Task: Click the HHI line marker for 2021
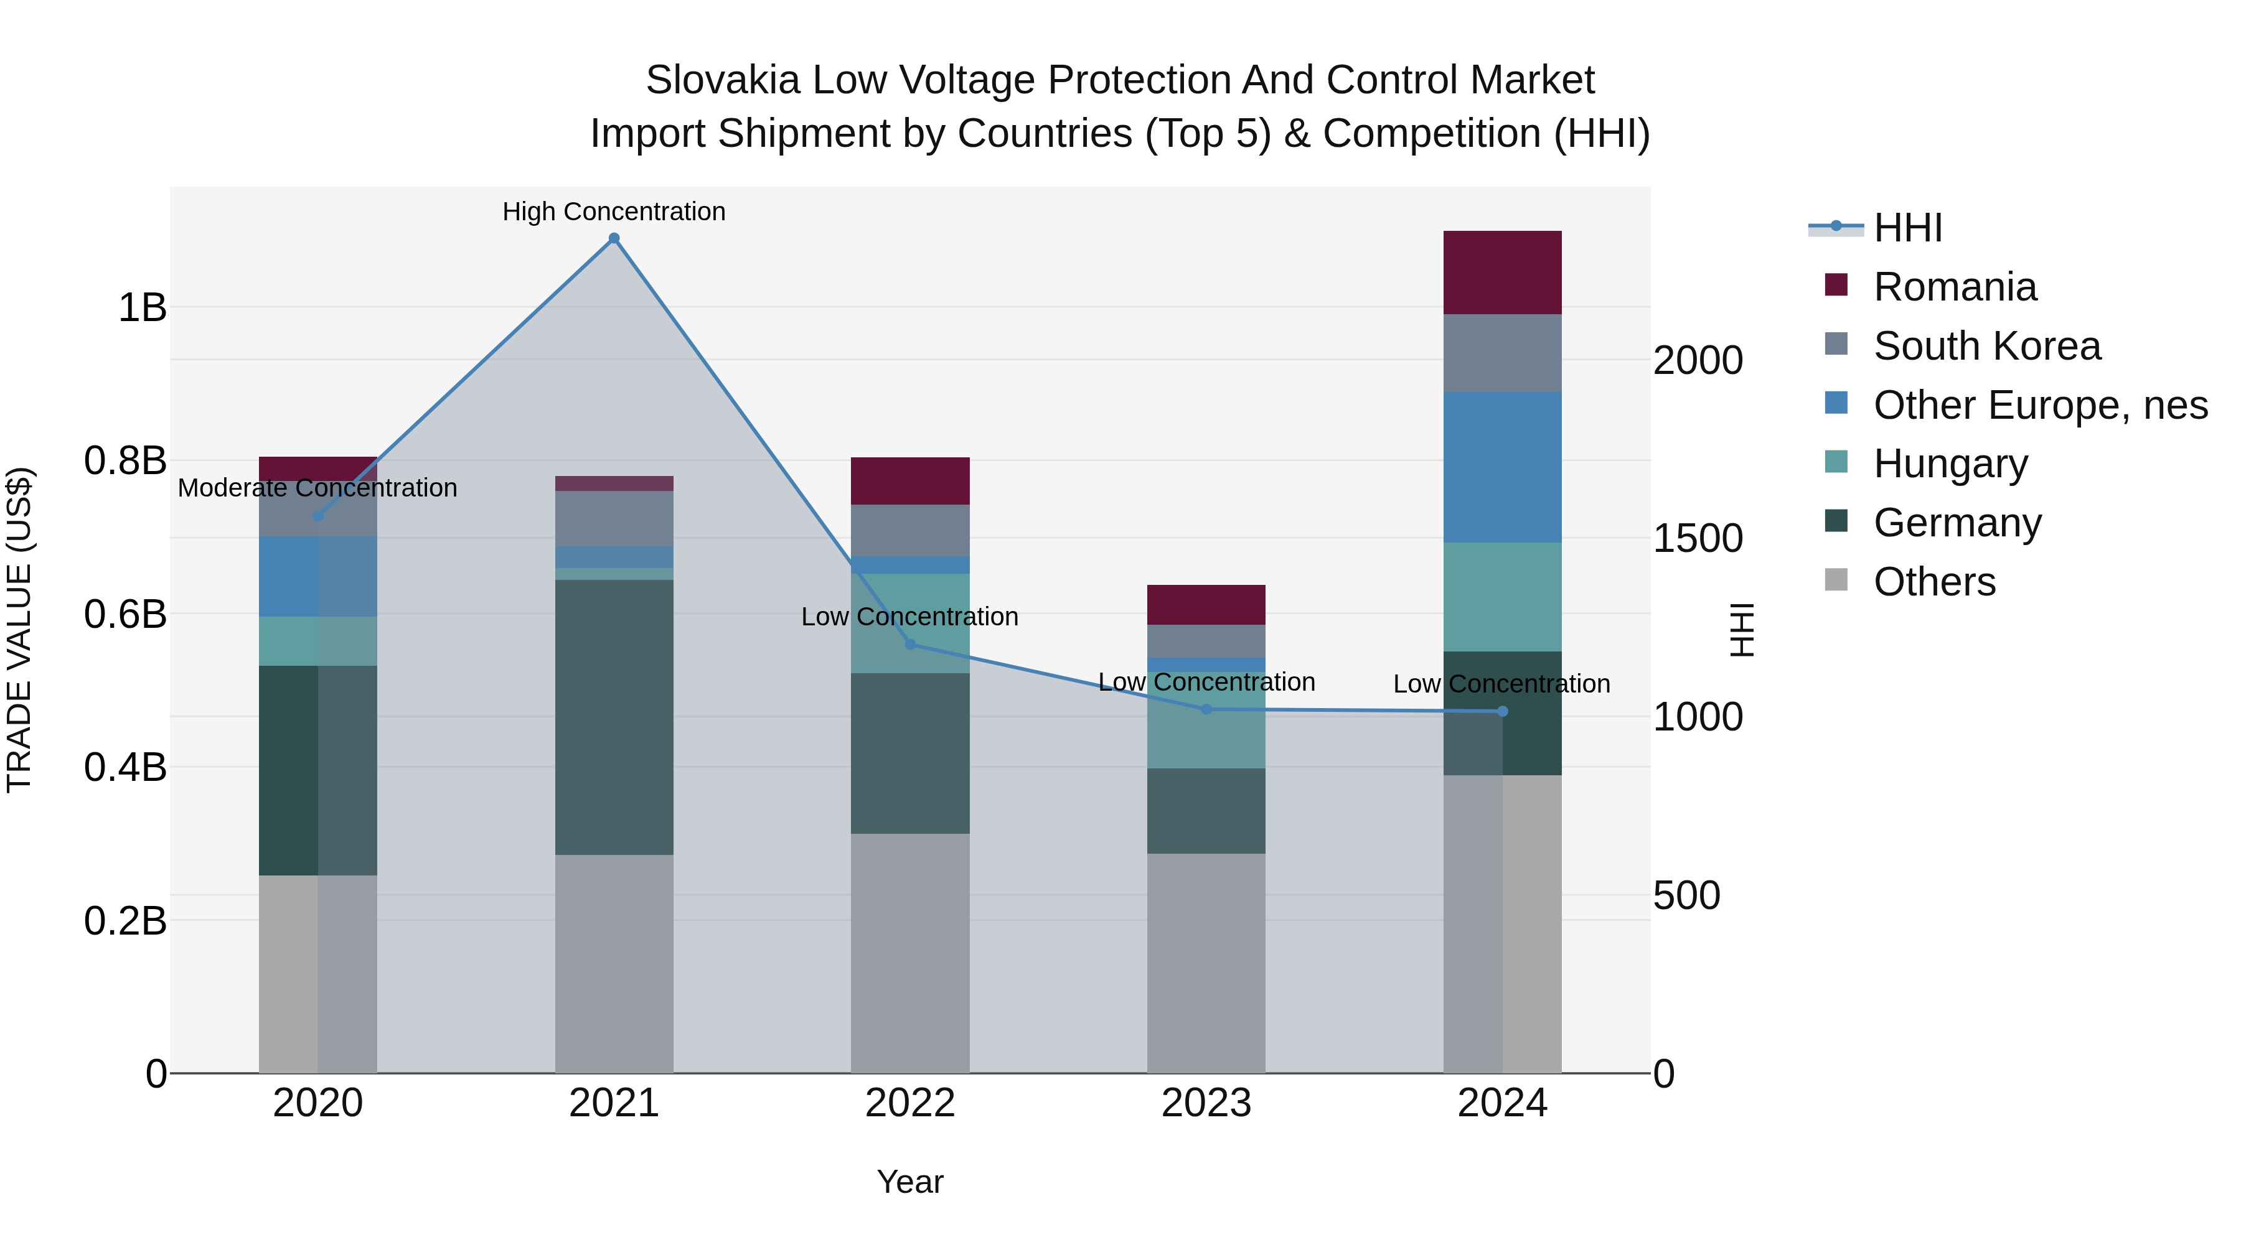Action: pos(614,238)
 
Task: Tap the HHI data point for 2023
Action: pos(1206,709)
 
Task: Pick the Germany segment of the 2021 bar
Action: pos(614,717)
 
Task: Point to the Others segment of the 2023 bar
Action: pos(1206,963)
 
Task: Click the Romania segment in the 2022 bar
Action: pos(910,481)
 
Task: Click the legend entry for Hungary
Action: pos(1950,464)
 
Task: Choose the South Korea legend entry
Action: pos(1986,346)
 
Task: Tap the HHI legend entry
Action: pos(1907,228)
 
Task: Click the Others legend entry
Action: pos(1934,582)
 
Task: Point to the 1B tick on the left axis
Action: pos(143,308)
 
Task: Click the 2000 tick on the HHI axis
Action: pos(1698,360)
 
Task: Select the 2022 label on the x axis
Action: pos(910,1103)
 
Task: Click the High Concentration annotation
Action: pos(614,212)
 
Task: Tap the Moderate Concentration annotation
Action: pos(317,488)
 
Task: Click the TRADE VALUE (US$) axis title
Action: pos(19,630)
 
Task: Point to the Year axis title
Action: pos(910,1182)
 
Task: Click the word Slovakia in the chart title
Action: pos(722,80)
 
